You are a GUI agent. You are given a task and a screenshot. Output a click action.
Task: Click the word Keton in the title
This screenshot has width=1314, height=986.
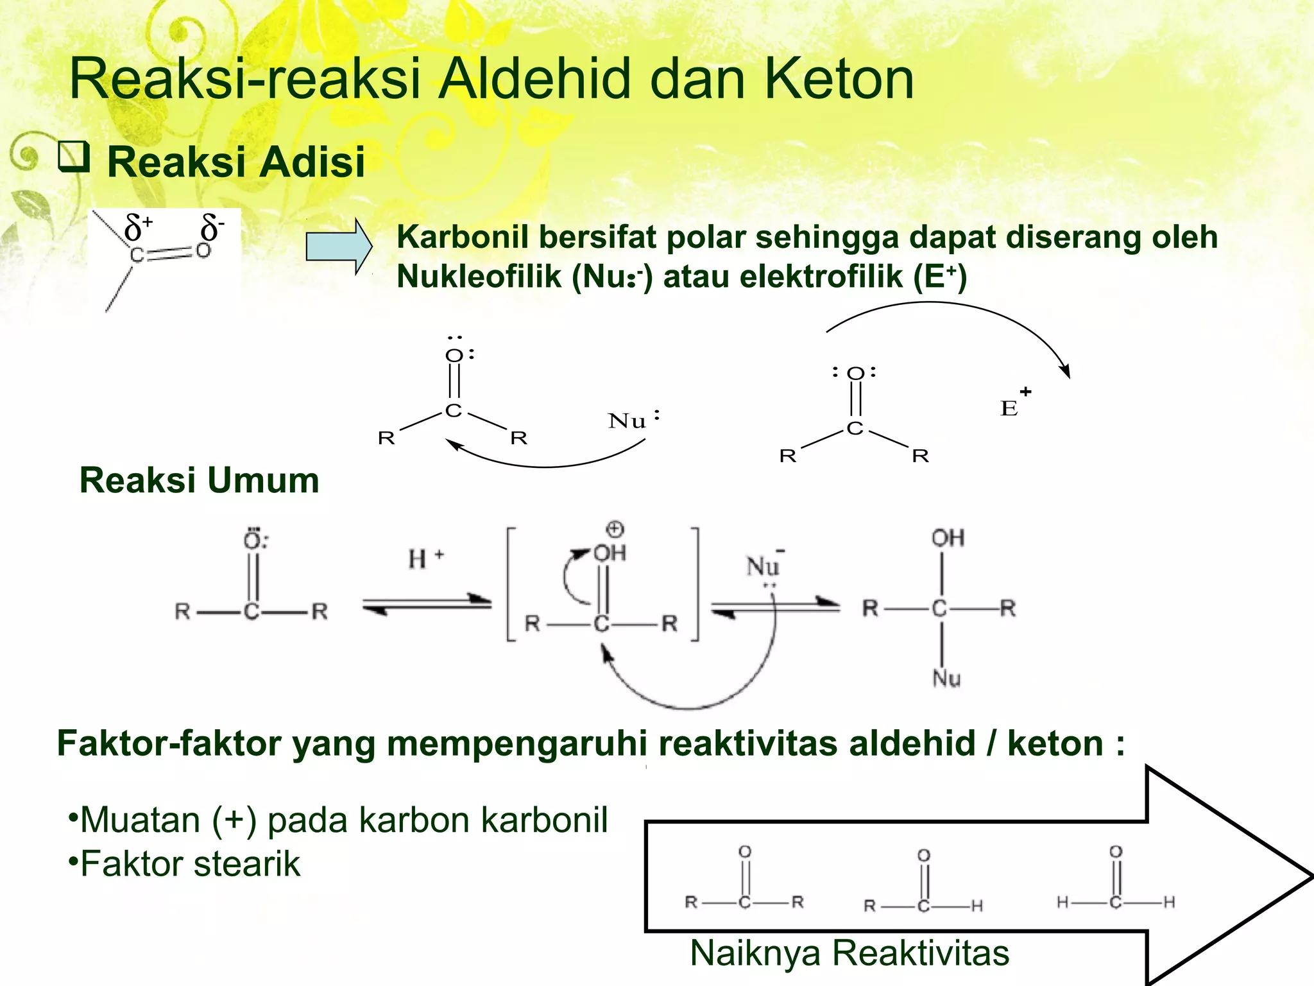point(839,79)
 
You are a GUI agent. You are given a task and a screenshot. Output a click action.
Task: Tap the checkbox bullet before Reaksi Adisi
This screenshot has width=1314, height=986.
point(73,157)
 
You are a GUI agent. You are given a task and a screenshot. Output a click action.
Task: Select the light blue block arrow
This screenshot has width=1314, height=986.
point(338,246)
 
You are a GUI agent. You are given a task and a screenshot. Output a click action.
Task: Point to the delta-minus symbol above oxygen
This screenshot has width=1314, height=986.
point(212,228)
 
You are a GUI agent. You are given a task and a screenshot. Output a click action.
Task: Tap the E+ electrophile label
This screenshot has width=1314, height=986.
point(1014,404)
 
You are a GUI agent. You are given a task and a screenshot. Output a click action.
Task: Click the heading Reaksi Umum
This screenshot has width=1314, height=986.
point(199,480)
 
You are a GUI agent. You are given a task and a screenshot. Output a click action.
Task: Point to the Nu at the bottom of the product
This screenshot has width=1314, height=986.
point(946,679)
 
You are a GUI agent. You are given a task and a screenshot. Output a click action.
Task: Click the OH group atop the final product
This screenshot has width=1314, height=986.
point(948,538)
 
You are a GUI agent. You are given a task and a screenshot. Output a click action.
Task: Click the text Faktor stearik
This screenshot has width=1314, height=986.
point(190,863)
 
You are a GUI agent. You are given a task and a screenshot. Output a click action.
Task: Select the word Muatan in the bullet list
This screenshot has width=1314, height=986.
point(140,820)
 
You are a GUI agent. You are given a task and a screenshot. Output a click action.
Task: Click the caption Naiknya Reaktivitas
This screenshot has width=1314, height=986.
point(849,953)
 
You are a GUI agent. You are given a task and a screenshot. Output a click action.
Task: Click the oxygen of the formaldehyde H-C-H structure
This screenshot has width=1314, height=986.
point(1116,852)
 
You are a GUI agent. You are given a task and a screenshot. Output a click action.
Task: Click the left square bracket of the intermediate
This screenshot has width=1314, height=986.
point(511,584)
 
